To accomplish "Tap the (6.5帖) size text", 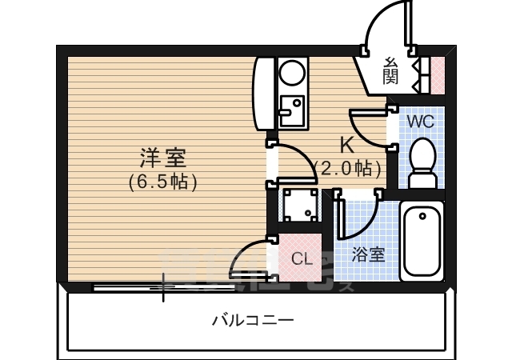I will [162, 182].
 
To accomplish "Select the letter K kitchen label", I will [347, 146].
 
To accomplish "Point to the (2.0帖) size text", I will [347, 169].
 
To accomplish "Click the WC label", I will [420, 122].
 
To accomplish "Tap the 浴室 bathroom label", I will [369, 255].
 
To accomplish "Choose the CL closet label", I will [301, 258].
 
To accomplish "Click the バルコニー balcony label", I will [253, 321].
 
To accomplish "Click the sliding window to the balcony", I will [164, 286].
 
